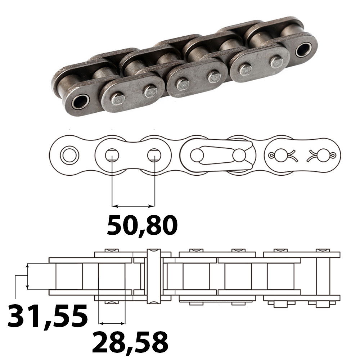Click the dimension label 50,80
click(x=142, y=226)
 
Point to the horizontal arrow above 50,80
click(x=133, y=206)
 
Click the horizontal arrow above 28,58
click(x=112, y=321)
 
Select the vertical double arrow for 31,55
click(x=27, y=276)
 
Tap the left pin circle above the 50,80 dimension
click(x=112, y=155)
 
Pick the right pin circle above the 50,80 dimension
click(x=154, y=155)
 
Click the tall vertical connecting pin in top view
click(x=154, y=275)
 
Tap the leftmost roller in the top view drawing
click(x=69, y=276)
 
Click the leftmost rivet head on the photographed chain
click(x=117, y=99)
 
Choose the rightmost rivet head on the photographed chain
click(x=276, y=62)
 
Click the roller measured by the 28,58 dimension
click(x=112, y=276)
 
